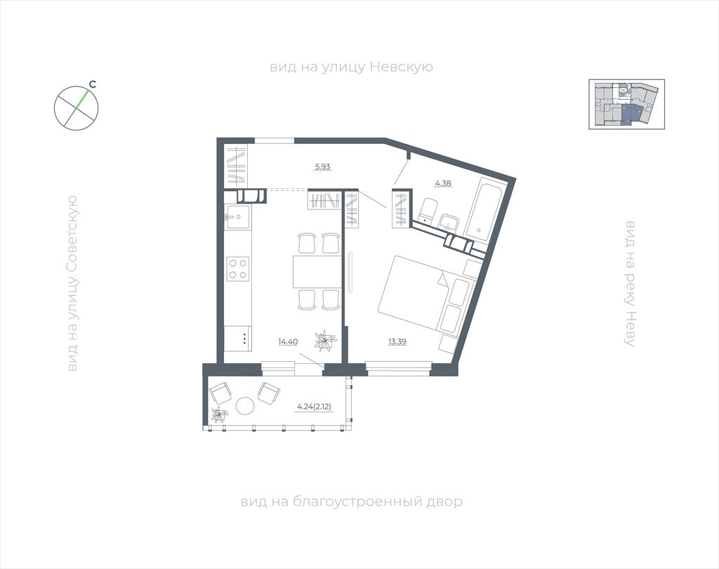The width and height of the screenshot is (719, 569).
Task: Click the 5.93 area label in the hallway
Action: (322, 166)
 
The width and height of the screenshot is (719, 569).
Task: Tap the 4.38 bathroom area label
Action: (443, 183)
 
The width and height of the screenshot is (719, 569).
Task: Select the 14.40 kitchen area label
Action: (288, 341)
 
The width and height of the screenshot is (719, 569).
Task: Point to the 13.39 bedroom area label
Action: (397, 341)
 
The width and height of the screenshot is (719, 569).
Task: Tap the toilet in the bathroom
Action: (429, 211)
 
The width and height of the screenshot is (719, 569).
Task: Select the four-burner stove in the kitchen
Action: (238, 269)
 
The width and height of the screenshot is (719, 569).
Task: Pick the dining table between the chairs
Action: (317, 270)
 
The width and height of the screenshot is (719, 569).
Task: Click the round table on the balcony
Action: (245, 406)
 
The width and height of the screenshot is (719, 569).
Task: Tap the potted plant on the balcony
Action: (219, 414)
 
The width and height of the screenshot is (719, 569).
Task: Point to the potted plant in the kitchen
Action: (325, 341)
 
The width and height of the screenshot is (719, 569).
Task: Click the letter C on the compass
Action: (92, 84)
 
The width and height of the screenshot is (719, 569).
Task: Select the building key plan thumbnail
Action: (626, 104)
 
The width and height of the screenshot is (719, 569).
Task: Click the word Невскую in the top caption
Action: (401, 67)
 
